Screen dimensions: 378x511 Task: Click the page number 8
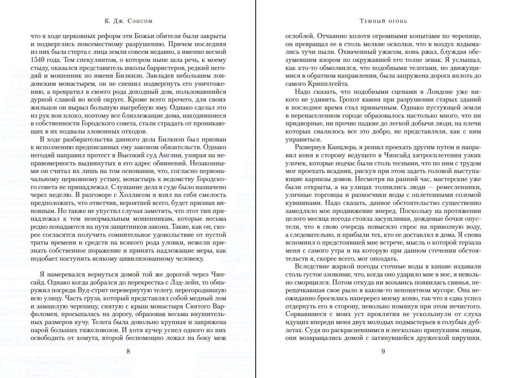pyautogui.click(x=128, y=351)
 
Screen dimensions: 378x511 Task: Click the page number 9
pyautogui.click(x=383, y=351)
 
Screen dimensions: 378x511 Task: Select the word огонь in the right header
pyautogui.click(x=397, y=21)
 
